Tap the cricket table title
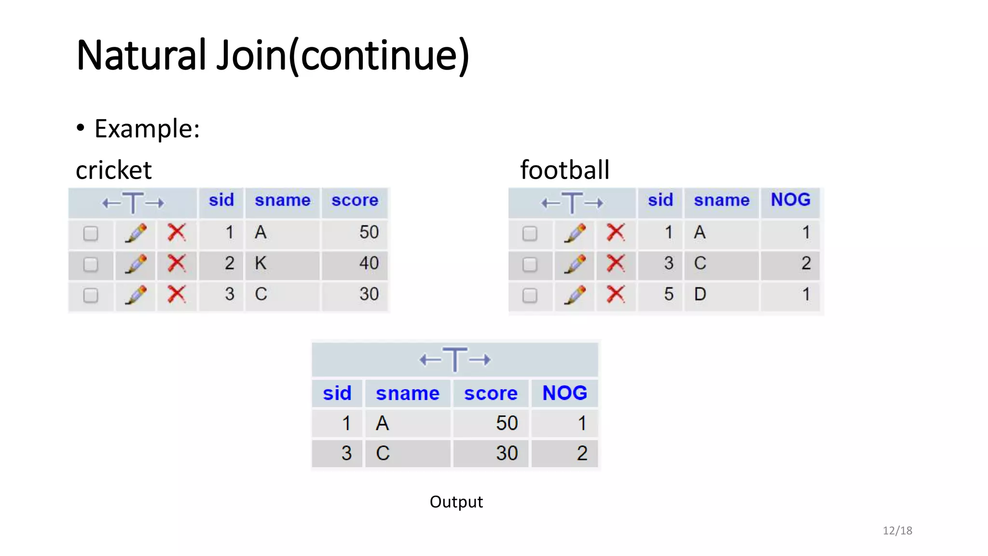[x=114, y=170]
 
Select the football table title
[x=564, y=170]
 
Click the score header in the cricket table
[x=355, y=200]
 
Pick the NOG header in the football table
[x=790, y=200]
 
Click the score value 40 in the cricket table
[x=369, y=264]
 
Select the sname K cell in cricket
[x=261, y=264]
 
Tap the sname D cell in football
[x=700, y=294]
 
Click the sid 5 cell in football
[x=668, y=294]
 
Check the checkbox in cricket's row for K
[x=91, y=264]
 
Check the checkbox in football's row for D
[x=530, y=295]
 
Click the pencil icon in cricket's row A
[x=136, y=233]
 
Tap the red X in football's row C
[x=616, y=264]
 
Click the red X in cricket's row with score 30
[x=177, y=294]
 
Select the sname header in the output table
[x=408, y=393]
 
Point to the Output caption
[x=456, y=502]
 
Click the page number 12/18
[x=897, y=531]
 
